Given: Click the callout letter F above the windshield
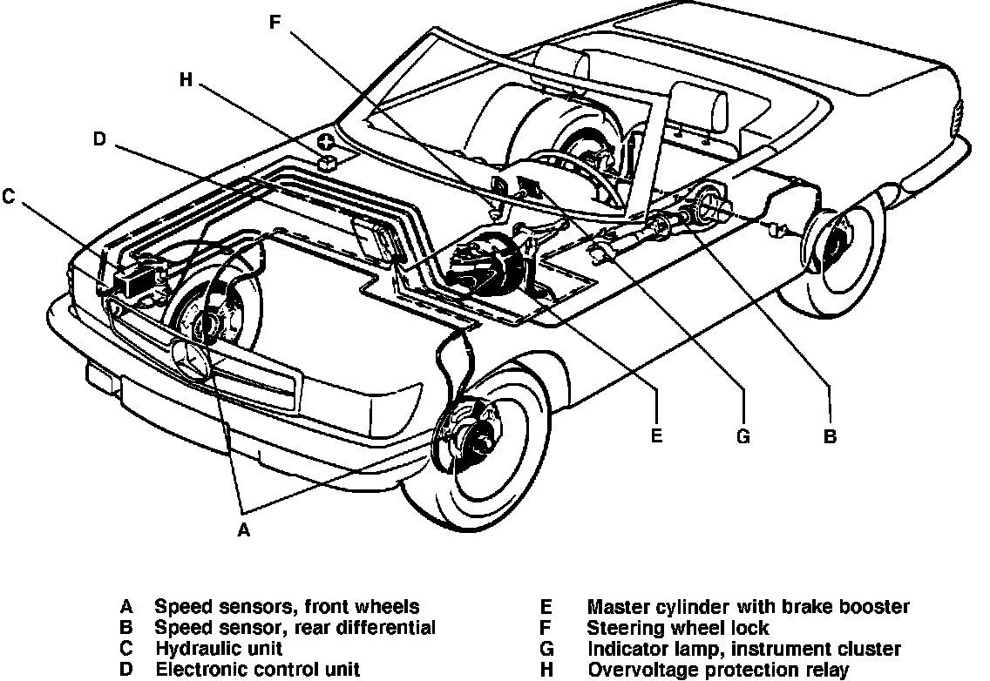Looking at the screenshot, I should coord(275,22).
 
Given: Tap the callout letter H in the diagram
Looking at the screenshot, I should coord(185,79).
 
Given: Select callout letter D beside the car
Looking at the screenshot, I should coord(99,139).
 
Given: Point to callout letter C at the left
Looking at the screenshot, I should coord(9,198).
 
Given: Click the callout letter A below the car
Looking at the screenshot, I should coord(244,529).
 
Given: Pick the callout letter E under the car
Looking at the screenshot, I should coord(656,436).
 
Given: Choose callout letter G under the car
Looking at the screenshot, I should coord(742,436).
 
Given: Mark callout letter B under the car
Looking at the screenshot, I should coord(830,436).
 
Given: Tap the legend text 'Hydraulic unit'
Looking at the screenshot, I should coord(218,649).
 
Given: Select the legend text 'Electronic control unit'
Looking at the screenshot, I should coord(257,670).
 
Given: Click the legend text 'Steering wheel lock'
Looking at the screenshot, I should coord(678,628).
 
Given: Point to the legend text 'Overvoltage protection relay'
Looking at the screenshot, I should coord(717,670).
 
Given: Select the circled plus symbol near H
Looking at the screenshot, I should coord(326,142).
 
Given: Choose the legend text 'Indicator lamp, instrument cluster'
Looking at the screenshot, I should coord(744,649).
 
